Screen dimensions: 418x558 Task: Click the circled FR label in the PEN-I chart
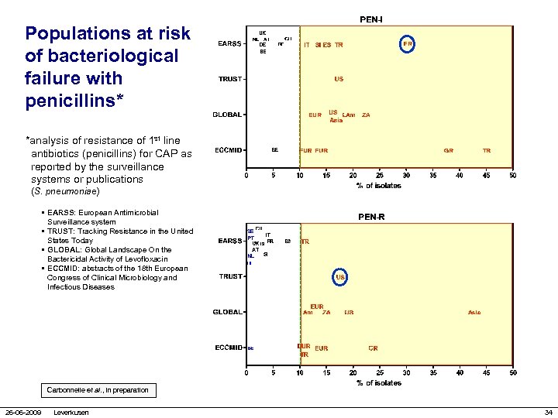point(408,44)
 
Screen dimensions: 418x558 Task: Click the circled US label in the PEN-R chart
point(339,276)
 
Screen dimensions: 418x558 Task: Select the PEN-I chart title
point(370,18)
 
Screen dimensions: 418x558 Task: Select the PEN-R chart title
point(370,217)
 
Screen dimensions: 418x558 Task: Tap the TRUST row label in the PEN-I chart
point(229,79)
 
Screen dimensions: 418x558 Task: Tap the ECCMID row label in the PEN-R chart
point(229,348)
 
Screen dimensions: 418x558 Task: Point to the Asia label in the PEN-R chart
point(474,313)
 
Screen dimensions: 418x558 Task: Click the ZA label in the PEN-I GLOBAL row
point(366,115)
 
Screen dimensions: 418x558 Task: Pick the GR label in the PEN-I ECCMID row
point(449,150)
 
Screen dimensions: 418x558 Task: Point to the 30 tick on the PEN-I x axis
point(406,176)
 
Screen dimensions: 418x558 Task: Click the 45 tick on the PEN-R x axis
point(486,373)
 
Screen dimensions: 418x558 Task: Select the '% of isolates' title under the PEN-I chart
point(379,186)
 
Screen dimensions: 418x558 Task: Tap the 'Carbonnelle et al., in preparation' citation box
point(97,389)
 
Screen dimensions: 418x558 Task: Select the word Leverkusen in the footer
point(71,412)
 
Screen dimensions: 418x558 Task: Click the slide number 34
point(548,412)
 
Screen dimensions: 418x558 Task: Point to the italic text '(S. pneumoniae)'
point(65,190)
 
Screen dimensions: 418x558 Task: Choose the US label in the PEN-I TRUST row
point(339,79)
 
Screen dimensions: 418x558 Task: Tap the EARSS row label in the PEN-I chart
point(229,44)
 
